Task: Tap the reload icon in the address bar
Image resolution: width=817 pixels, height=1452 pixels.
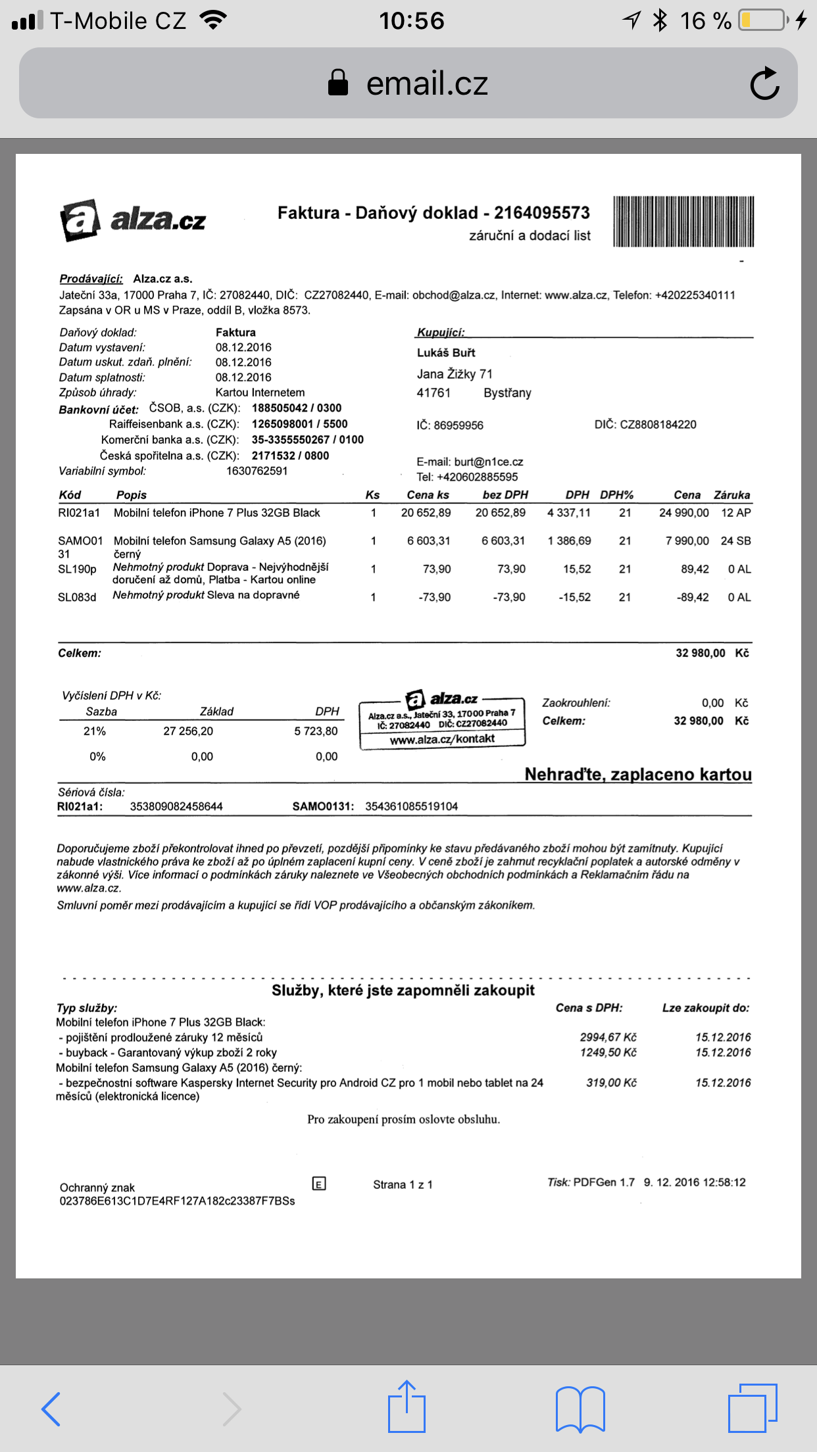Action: coord(764,84)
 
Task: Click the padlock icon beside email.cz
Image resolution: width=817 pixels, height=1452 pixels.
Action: coord(338,84)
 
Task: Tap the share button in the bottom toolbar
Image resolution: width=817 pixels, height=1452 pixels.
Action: coord(407,1407)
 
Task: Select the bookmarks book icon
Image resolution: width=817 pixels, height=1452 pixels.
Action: coord(580,1409)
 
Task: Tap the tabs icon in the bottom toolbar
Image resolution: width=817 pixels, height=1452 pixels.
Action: coord(752,1407)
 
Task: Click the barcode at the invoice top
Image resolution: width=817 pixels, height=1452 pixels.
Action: coord(683,222)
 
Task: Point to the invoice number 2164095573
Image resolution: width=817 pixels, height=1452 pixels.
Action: coord(542,213)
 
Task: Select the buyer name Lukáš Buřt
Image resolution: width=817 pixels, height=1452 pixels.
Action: coord(446,352)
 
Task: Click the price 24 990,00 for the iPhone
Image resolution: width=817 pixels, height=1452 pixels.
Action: coord(684,513)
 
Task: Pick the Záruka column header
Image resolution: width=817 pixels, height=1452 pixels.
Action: coord(731,495)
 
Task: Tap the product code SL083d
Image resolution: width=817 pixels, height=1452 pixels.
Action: coord(77,597)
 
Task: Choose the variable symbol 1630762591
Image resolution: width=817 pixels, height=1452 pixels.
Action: coord(257,471)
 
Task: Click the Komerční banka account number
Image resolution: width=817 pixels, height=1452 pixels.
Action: coord(307,440)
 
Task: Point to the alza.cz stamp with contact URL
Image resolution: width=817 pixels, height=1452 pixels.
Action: coord(442,719)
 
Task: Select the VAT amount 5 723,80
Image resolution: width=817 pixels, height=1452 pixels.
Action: coord(316,731)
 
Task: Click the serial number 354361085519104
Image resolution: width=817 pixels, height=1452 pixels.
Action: coord(411,806)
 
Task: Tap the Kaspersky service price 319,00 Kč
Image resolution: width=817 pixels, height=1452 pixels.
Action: coord(611,1082)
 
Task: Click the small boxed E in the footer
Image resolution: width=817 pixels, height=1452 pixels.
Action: coord(319,1184)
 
